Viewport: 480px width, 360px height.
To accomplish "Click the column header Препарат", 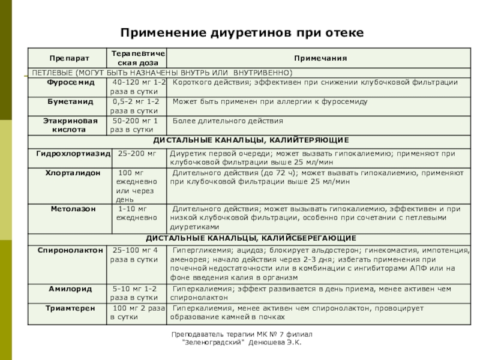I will click(69, 58).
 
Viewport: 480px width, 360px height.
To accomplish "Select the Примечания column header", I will click(320, 58).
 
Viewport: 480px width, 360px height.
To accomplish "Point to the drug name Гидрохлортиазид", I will click(73, 154).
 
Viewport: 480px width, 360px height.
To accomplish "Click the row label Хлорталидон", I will click(69, 173).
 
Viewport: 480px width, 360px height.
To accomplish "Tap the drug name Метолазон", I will click(69, 209).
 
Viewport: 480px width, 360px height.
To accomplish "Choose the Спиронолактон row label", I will click(70, 250).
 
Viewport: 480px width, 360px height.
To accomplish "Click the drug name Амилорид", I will click(70, 289).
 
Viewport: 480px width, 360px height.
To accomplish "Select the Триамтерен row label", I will click(70, 308).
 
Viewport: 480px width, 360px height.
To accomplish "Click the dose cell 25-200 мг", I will click(137, 154).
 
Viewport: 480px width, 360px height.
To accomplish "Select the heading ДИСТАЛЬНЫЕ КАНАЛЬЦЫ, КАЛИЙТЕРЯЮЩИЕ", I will click(251, 140).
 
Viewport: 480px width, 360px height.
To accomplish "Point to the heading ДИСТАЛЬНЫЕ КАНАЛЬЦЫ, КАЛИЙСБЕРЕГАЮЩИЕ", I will click(251, 238).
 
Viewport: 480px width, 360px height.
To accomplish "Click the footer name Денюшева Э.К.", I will click(277, 342).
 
